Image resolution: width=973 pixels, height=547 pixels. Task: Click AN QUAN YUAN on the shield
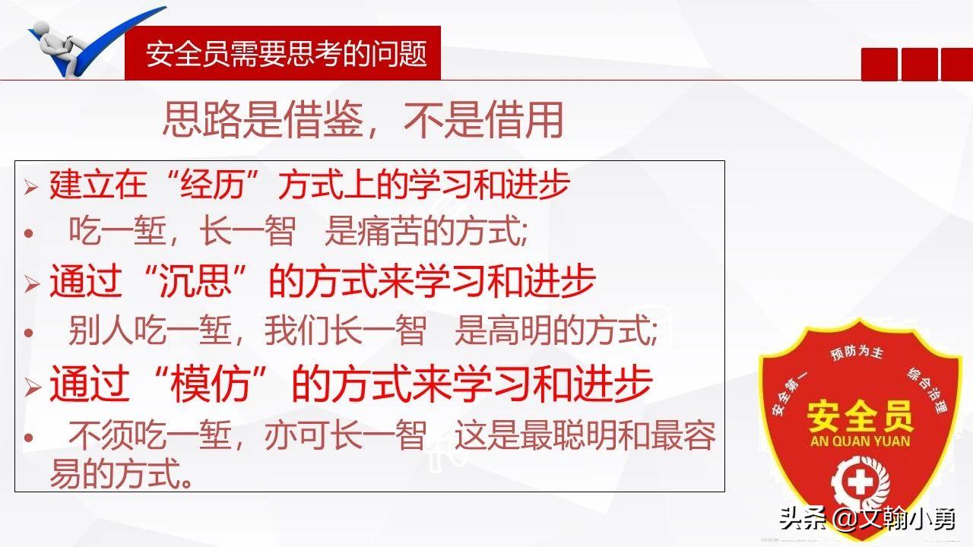(x=860, y=441)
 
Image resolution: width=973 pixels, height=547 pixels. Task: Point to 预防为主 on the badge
(x=856, y=354)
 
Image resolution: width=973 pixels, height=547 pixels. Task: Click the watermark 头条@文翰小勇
(x=866, y=520)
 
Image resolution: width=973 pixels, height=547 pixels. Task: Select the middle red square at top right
(x=919, y=64)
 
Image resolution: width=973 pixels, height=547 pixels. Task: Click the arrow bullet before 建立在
(x=31, y=187)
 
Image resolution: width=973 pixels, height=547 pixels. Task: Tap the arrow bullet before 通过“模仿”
(x=31, y=387)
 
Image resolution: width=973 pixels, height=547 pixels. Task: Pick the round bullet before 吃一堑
(x=28, y=233)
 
